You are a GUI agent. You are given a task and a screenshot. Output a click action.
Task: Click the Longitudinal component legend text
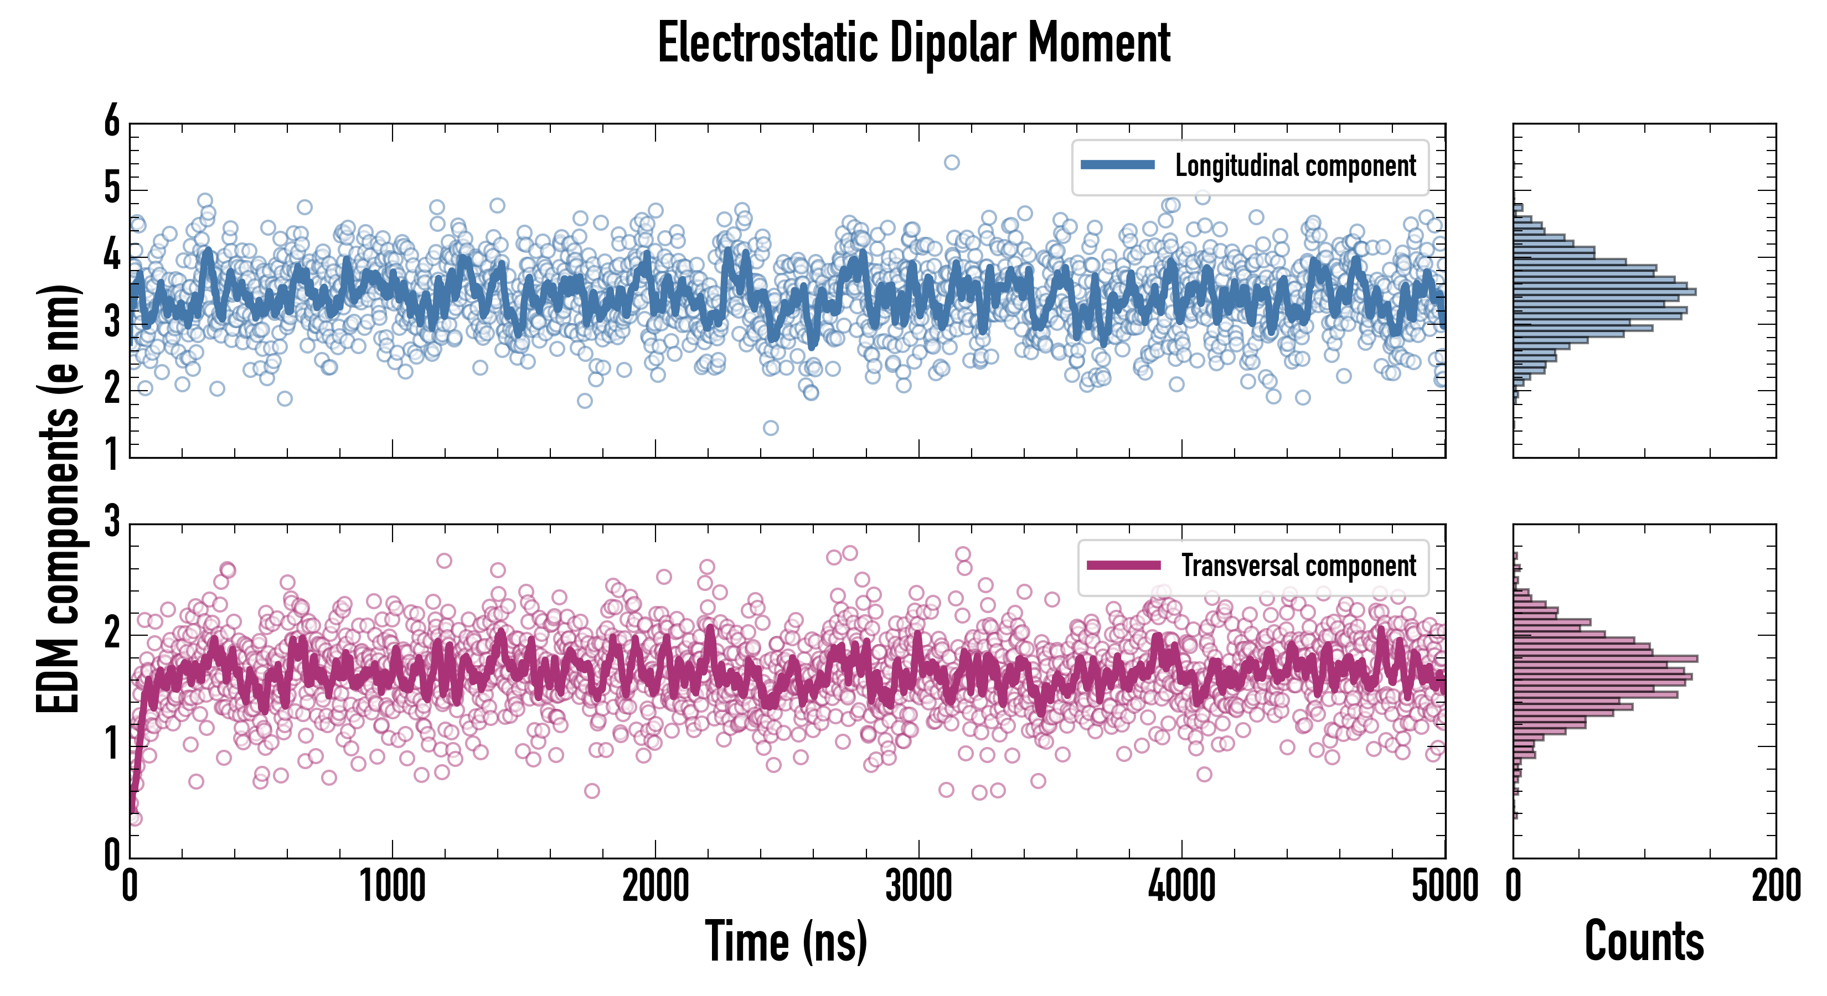(1295, 166)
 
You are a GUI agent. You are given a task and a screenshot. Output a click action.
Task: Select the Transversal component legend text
(1299, 566)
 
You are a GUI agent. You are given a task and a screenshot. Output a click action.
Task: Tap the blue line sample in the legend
(1118, 165)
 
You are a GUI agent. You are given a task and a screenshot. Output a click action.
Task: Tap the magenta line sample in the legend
(1123, 566)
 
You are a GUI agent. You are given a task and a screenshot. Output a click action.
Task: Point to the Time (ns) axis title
(786, 941)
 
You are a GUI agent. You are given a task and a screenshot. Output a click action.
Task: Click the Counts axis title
(1644, 941)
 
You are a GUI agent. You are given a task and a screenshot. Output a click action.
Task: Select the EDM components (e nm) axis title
(58, 499)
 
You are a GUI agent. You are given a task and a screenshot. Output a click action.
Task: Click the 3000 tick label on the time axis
(918, 886)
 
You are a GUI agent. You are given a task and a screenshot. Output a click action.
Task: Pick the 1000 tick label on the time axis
(392, 886)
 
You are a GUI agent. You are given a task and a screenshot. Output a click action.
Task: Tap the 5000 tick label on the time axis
(1445, 886)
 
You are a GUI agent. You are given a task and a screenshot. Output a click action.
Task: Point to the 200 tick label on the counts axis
(1776, 886)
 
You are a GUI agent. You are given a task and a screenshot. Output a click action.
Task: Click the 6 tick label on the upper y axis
(112, 121)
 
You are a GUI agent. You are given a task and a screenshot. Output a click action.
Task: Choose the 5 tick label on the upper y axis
(112, 189)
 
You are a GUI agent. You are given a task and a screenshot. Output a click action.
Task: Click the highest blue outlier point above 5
(952, 162)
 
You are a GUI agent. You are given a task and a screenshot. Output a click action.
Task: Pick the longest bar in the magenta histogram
(1605, 658)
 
